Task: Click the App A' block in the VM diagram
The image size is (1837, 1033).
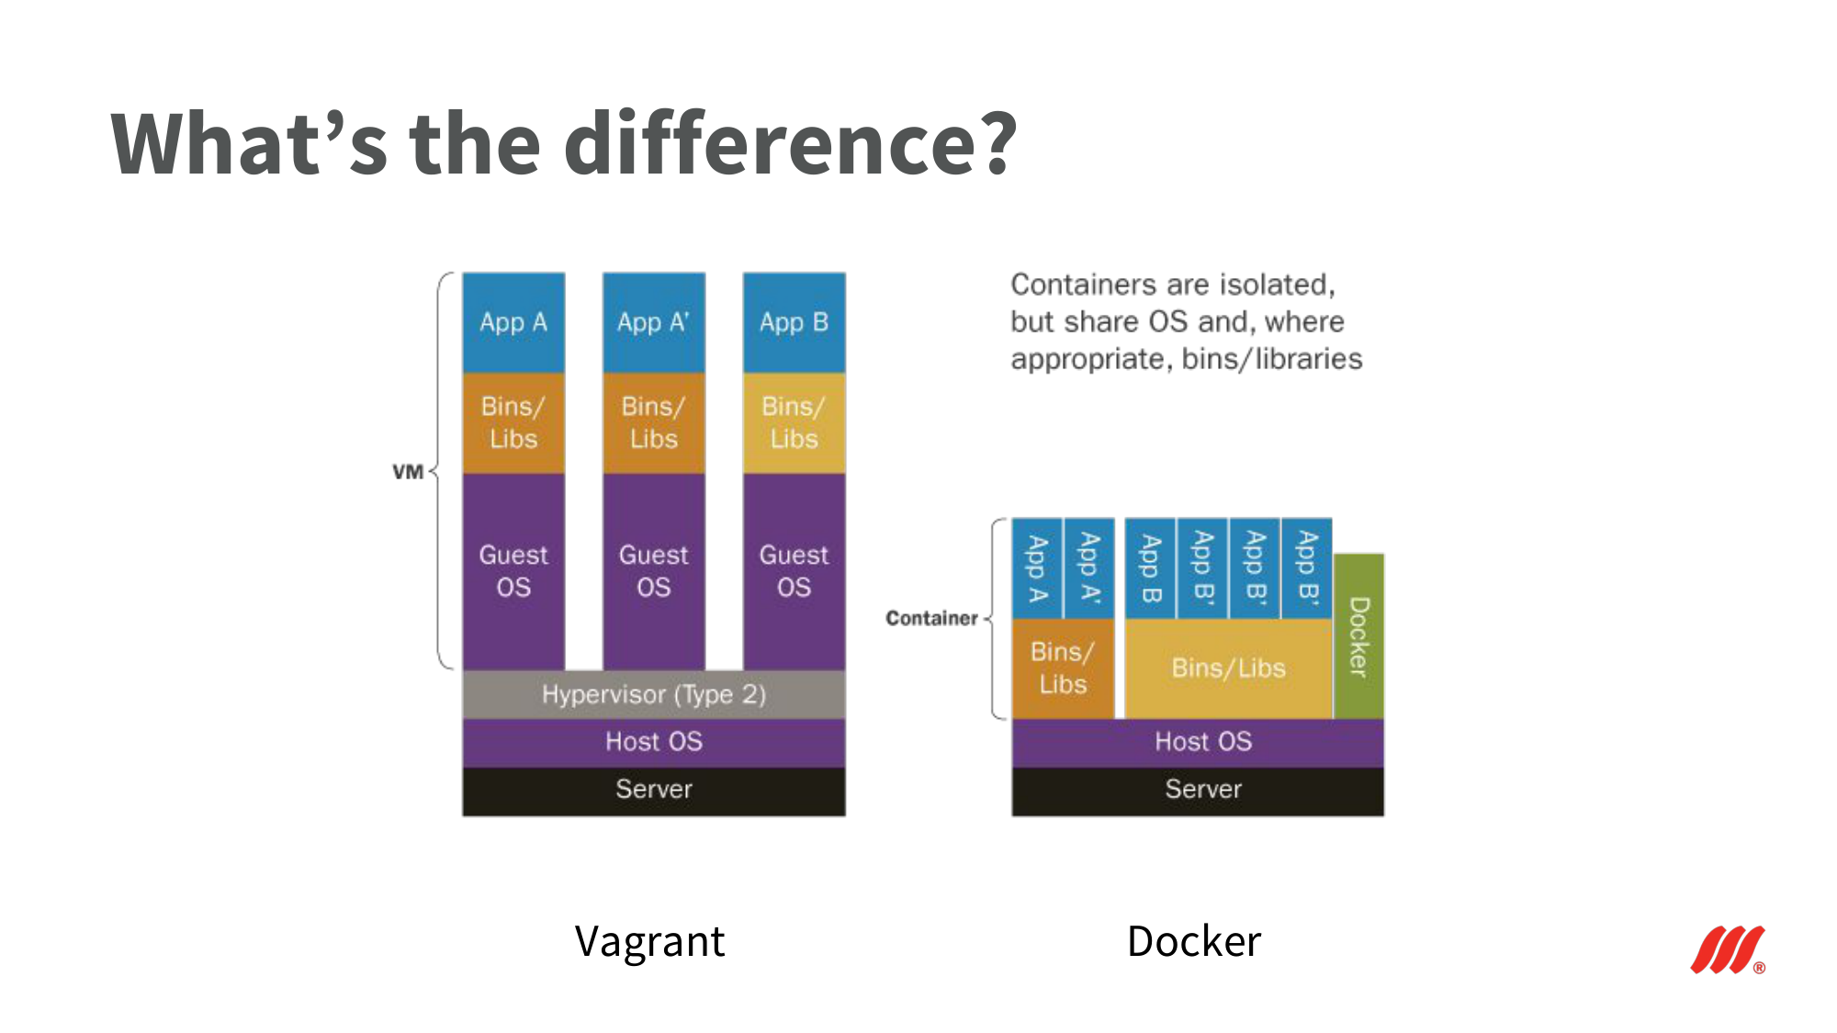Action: click(654, 322)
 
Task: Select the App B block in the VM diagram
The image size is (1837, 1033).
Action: click(795, 322)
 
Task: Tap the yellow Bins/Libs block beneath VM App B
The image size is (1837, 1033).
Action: click(795, 423)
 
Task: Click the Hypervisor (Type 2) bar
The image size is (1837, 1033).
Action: click(654, 694)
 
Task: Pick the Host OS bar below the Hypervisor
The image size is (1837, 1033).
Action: click(654, 742)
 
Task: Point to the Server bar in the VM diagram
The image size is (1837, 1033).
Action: click(654, 791)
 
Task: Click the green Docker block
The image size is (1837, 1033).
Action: click(1358, 636)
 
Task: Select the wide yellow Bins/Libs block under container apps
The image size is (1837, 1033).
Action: click(1229, 668)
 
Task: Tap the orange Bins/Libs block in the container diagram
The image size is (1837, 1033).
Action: click(1063, 668)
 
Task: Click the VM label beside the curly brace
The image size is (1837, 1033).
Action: click(408, 472)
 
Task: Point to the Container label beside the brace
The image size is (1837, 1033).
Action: click(931, 618)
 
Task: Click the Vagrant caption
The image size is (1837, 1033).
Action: click(650, 942)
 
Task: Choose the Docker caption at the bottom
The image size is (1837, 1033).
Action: click(1194, 942)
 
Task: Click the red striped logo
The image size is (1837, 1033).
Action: click(1728, 949)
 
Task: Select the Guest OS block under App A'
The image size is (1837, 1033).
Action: click(654, 572)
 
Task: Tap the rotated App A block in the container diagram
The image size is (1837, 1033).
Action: click(1037, 568)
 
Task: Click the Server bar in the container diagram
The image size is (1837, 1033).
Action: click(1198, 791)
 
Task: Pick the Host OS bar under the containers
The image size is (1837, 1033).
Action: click(1198, 742)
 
